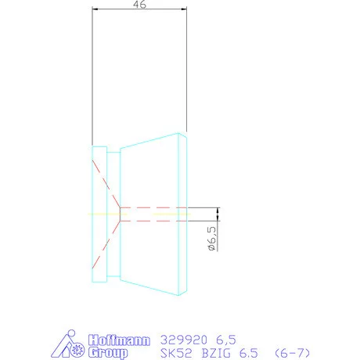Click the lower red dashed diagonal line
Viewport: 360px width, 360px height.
(x=106, y=241)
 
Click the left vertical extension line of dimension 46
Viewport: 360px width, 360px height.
(x=92, y=78)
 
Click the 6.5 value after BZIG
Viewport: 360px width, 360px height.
(x=248, y=353)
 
